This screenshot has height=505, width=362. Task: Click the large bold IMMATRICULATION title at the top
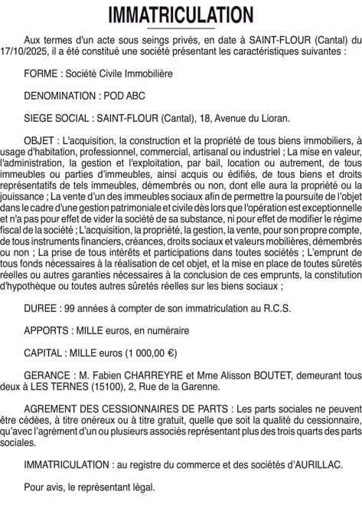[181, 15]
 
